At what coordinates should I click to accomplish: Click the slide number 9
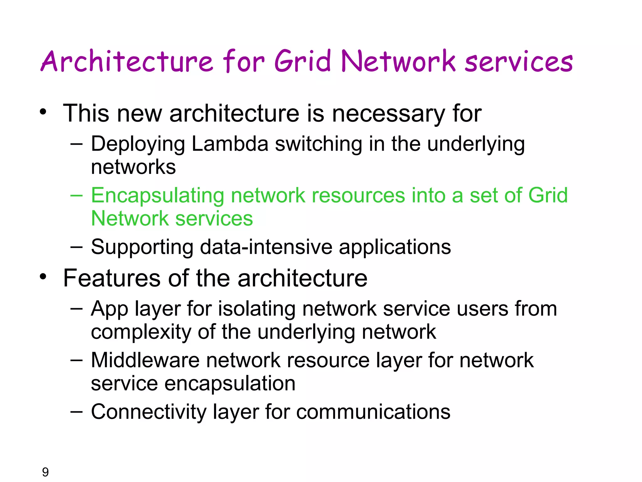tap(45, 472)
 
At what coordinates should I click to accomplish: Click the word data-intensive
tap(266, 247)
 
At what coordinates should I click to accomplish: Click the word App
tap(110, 309)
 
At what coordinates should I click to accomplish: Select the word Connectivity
tap(149, 412)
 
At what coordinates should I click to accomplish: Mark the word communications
tap(373, 412)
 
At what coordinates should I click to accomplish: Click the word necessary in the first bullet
tap(389, 114)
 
